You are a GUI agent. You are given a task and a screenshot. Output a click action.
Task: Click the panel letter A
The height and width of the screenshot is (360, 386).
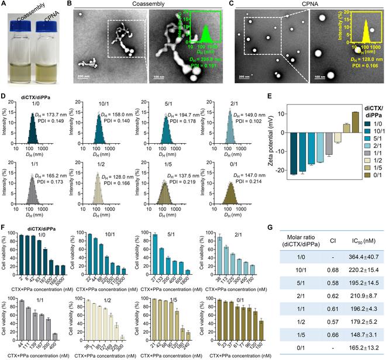pyautogui.click(x=5, y=5)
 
